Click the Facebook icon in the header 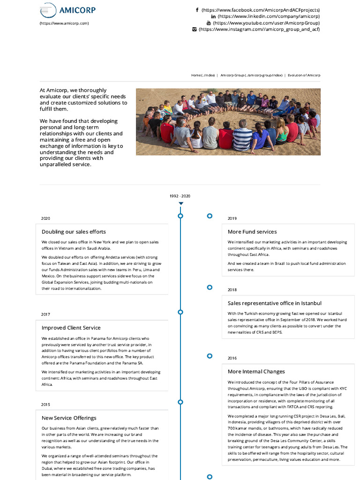pyautogui.click(x=197, y=10)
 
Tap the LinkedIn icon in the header pyautogui.click(x=213, y=16)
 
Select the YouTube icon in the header pyautogui.click(x=209, y=23)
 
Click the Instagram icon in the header pyautogui.click(x=195, y=30)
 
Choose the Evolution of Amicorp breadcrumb pyautogui.click(x=304, y=75)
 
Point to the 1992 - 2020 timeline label pyautogui.click(x=180, y=196)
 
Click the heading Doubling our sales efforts pyautogui.click(x=74, y=232)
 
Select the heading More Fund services pyautogui.click(x=252, y=232)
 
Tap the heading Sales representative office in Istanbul pyautogui.click(x=275, y=303)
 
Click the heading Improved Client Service pyautogui.click(x=71, y=328)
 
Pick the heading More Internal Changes pyautogui.click(x=256, y=372)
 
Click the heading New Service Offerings pyautogui.click(x=69, y=418)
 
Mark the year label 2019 pyautogui.click(x=232, y=218)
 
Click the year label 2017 pyautogui.click(x=45, y=315)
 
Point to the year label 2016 pyautogui.click(x=232, y=358)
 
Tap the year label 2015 pyautogui.click(x=45, y=405)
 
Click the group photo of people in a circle pyautogui.click(x=228, y=122)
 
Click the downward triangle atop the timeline pyautogui.click(x=181, y=203)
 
